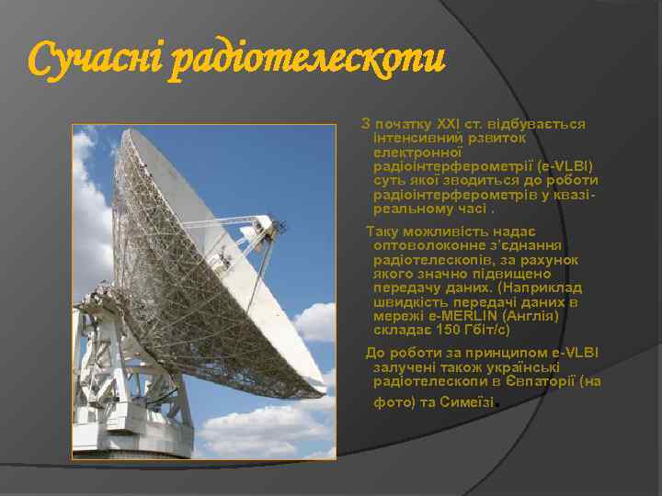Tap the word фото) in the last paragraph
[394, 402]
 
